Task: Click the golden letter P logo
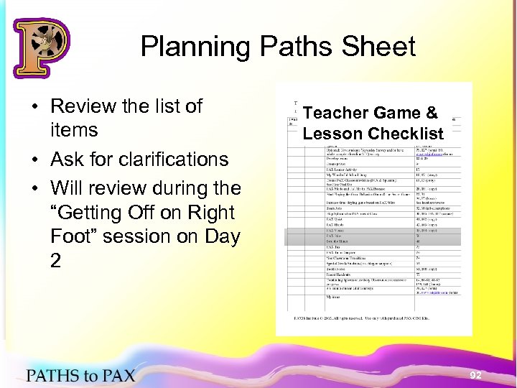click(x=41, y=47)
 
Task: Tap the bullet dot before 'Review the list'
click(x=34, y=107)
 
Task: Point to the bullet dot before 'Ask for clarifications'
click(x=34, y=160)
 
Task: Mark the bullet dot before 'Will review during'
click(x=34, y=189)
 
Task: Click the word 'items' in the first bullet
click(x=74, y=131)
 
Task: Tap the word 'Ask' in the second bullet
click(x=69, y=159)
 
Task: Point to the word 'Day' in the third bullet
click(x=218, y=236)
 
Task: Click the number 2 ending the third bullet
click(x=56, y=261)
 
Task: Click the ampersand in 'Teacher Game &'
click(x=431, y=113)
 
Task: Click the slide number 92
click(x=475, y=375)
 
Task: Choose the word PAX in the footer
click(x=116, y=374)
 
